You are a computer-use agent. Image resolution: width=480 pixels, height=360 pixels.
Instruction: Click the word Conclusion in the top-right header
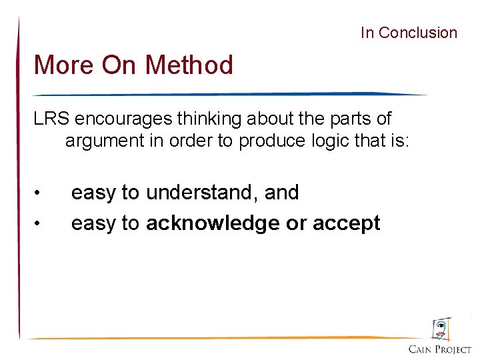point(417,33)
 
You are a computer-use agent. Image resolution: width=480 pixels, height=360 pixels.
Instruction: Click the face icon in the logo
point(440,329)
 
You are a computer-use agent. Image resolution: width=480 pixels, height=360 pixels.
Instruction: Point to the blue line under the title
point(227,94)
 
